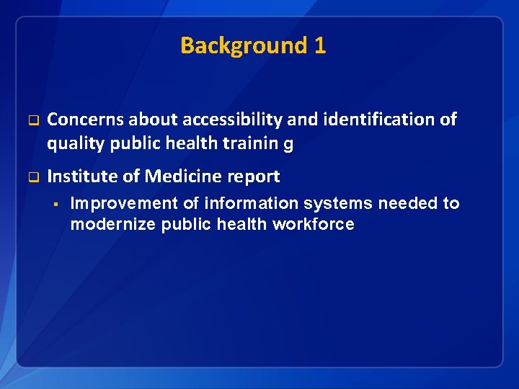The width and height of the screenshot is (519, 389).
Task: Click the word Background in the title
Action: (244, 46)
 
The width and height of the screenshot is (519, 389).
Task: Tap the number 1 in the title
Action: (320, 46)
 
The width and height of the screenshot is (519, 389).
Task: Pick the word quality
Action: (76, 143)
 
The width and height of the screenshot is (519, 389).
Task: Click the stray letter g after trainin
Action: (288, 144)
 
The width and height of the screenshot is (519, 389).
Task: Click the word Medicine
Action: (180, 176)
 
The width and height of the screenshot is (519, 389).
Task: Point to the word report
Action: (252, 176)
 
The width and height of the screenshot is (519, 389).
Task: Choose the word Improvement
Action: (123, 203)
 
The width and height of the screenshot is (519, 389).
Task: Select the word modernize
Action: (112, 224)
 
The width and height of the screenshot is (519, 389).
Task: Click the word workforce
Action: (314, 224)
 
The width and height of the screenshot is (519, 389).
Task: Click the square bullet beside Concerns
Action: (32, 120)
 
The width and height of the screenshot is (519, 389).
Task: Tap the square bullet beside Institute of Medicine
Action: (32, 176)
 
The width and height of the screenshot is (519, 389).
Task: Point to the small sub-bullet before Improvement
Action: (55, 203)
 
